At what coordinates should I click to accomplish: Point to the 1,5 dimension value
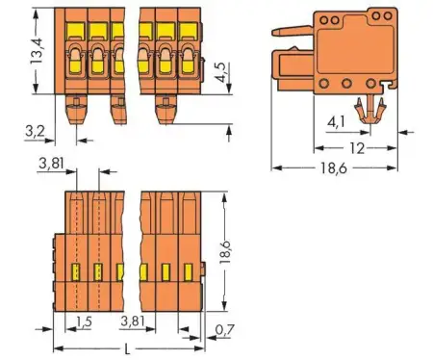coord(85,319)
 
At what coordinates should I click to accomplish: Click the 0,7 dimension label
coord(224,330)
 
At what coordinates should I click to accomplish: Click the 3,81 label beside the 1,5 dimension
coord(135,319)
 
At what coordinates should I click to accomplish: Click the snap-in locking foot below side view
coord(367,111)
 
